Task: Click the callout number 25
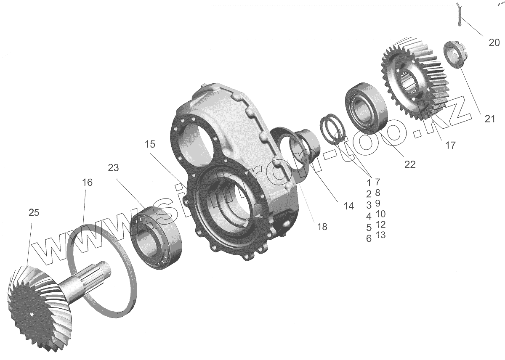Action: click(x=34, y=213)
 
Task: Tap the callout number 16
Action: click(x=88, y=183)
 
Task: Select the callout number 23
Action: click(x=113, y=168)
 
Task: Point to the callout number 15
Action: click(x=149, y=144)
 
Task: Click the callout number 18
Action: click(x=322, y=227)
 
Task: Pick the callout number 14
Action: click(x=348, y=206)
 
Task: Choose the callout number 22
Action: click(x=409, y=164)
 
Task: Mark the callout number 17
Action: click(x=450, y=146)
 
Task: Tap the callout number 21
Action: click(x=489, y=119)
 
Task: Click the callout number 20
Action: click(x=494, y=42)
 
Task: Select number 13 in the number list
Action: click(x=380, y=235)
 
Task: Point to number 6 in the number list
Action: click(x=369, y=239)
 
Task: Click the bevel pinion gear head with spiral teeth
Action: click(x=34, y=303)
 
